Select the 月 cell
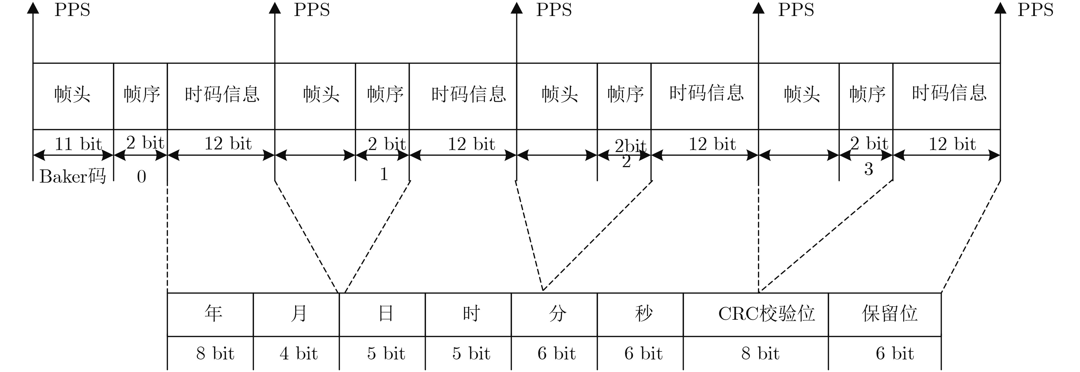pos(299,314)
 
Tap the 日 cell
pos(385,314)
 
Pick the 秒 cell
pos(643,314)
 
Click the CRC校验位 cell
pos(766,314)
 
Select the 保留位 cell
pos(889,314)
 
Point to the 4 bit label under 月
pos(299,353)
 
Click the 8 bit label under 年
pos(215,353)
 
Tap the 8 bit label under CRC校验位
pos(760,353)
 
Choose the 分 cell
pos(557,314)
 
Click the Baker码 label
pos(73,177)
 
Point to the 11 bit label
pos(78,144)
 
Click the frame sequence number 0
pos(141,177)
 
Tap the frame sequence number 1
pos(384,174)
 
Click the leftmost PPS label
pos(72,10)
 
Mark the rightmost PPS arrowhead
pos(1000,7)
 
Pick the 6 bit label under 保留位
pos(895,353)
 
